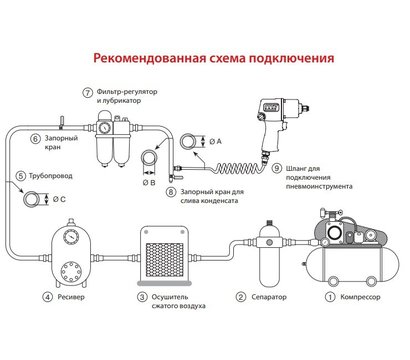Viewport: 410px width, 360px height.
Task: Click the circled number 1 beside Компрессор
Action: [x=327, y=297]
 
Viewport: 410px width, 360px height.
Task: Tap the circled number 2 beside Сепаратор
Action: [x=240, y=297]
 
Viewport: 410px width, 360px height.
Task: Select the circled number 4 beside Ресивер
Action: [x=47, y=297]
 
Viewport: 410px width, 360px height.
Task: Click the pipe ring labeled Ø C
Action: [x=37, y=197]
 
